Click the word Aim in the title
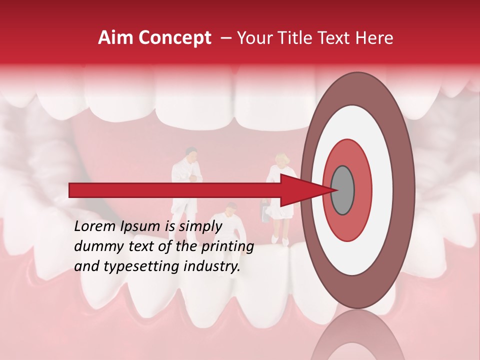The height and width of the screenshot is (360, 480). [116, 37]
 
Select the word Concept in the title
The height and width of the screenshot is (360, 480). [174, 38]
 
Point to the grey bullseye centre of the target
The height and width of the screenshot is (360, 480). [342, 190]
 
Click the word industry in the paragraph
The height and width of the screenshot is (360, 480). [212, 266]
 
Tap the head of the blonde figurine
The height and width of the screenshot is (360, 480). [281, 161]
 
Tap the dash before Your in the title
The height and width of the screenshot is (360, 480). [225, 38]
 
